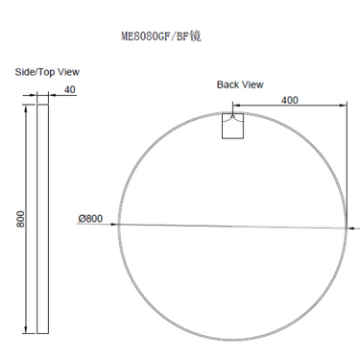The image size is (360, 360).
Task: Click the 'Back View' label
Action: coord(239,84)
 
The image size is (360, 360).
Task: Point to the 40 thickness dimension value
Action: coord(68,90)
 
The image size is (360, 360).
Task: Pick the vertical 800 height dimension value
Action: coord(20,219)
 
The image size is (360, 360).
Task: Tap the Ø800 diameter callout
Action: coord(90,219)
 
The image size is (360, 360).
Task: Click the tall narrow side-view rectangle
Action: coord(42,219)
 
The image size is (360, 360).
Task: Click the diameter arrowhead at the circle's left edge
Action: coord(120,224)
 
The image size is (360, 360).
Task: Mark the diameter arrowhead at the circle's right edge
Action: coord(342,228)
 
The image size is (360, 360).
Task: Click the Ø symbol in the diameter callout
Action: coord(82,219)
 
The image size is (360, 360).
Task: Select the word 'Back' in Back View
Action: coord(228,84)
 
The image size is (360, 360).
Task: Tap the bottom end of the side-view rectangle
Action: coord(42,332)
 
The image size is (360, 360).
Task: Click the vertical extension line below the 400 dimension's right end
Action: coord(346,163)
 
